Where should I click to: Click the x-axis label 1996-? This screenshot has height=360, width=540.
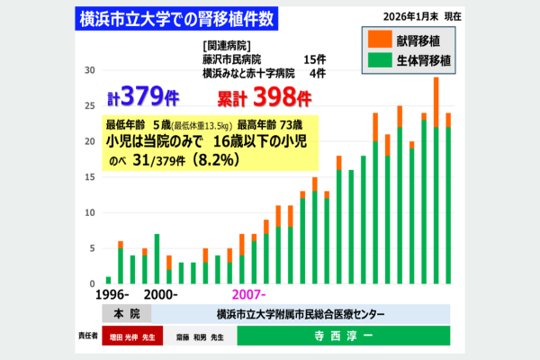(x=114, y=295)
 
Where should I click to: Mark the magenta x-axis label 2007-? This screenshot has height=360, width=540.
(x=250, y=295)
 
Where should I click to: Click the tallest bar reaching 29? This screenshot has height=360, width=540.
(x=436, y=180)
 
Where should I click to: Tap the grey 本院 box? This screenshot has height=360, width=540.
(x=127, y=314)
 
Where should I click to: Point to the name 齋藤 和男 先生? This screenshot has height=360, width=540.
(x=203, y=337)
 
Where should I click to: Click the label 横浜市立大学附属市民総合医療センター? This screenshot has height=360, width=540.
(x=301, y=314)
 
